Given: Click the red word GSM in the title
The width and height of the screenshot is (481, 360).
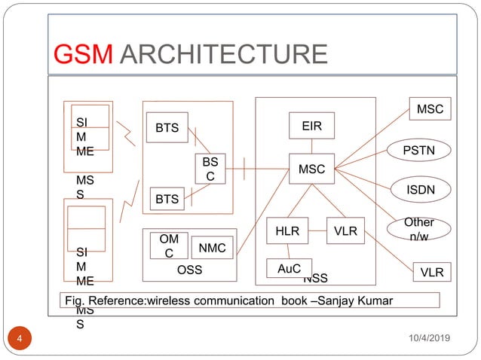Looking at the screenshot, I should [x=84, y=55].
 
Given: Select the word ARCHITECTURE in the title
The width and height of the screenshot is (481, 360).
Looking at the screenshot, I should [x=222, y=55].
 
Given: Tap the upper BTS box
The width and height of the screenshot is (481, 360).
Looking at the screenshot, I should [x=167, y=128].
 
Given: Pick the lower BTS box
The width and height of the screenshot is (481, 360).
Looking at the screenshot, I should [x=167, y=200].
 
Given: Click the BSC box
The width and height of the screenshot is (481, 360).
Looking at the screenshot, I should [x=210, y=169].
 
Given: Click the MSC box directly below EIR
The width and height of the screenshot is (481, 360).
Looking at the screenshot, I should [x=311, y=169].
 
